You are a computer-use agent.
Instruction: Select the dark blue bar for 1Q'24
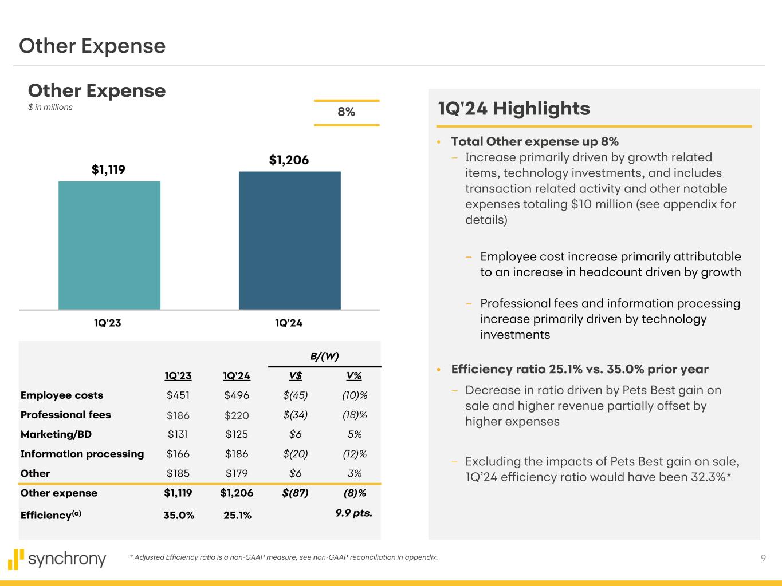289,240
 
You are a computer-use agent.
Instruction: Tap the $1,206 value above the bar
289,160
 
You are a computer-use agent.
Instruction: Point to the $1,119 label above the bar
108,170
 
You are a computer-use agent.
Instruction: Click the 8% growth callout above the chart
346,112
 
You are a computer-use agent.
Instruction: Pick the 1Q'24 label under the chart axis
289,323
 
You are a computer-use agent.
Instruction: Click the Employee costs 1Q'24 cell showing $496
237,395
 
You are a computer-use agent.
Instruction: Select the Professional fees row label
65,415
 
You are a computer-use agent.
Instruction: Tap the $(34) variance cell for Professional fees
295,415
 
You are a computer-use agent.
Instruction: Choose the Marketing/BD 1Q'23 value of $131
178,434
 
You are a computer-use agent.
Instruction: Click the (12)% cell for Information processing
354,454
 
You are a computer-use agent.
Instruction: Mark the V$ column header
296,376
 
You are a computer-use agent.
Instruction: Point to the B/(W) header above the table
324,356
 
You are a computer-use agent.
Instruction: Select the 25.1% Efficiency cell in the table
237,515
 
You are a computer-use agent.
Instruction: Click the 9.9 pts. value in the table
353,513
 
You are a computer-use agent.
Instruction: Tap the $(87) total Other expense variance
295,493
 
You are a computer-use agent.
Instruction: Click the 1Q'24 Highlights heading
513,108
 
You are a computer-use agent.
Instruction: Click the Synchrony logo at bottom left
57,559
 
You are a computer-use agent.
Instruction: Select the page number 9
763,559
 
